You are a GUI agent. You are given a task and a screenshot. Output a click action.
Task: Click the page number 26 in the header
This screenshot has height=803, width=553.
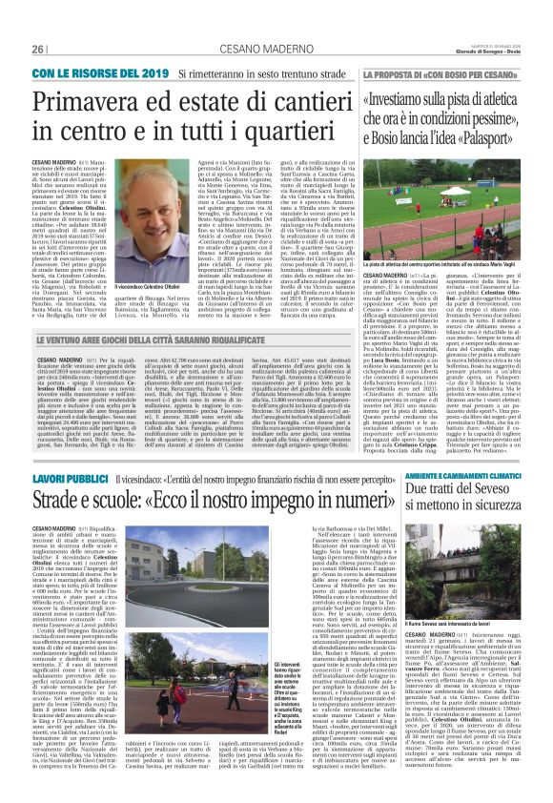click(39, 49)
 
